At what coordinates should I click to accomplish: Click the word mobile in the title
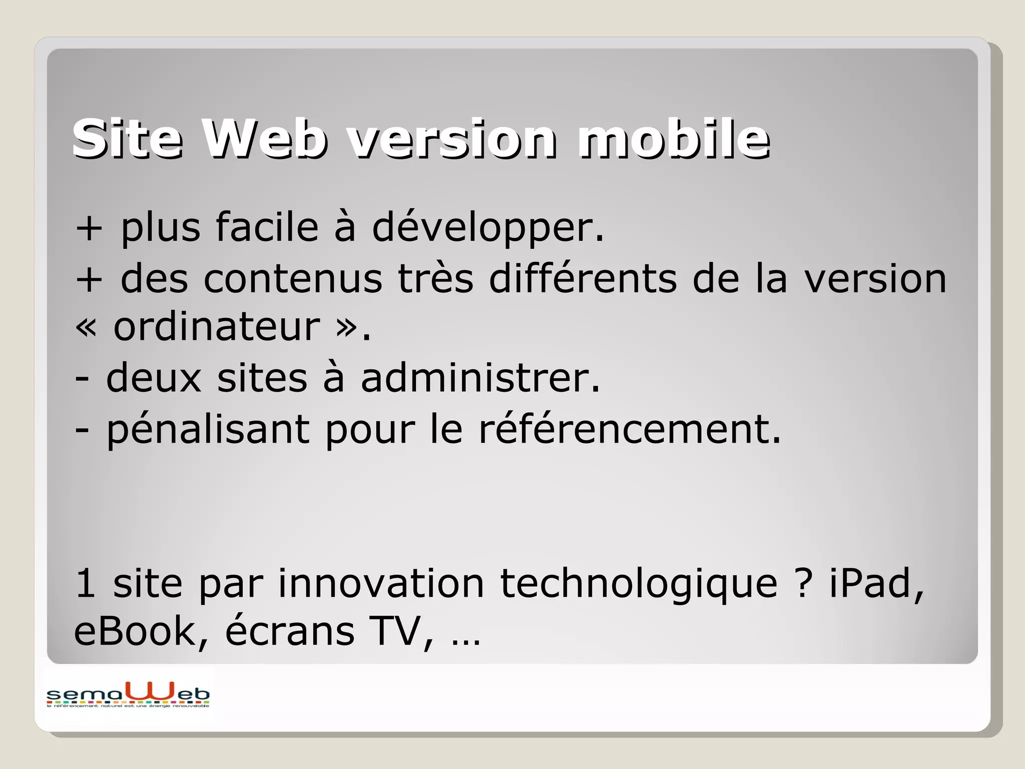(674, 139)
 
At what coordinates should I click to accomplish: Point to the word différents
(584, 278)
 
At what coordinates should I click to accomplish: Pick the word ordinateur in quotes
(216, 327)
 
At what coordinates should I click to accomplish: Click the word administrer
(480, 378)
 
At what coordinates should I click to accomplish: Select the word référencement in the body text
(630, 429)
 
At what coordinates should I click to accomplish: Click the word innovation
(381, 583)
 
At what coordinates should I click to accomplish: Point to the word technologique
(639, 584)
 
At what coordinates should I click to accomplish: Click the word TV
(400, 631)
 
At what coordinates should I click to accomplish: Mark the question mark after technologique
(803, 583)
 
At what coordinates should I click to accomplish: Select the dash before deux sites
(82, 379)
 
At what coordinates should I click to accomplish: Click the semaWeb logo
(128, 695)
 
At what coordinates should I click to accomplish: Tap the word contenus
(292, 278)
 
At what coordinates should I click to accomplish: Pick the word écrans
(290, 631)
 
